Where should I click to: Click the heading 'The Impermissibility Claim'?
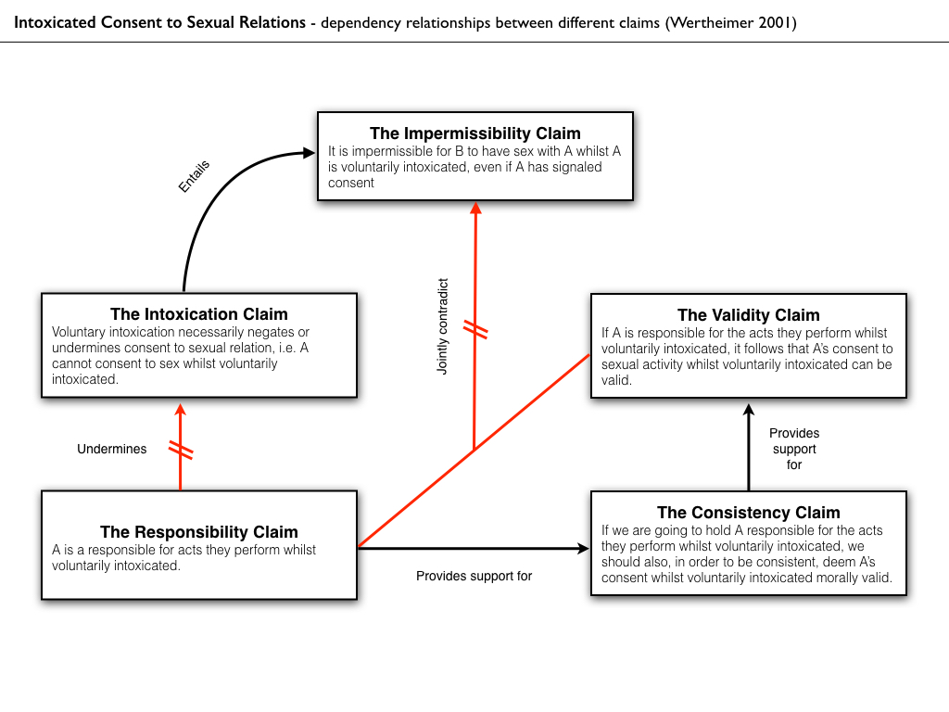[x=474, y=133]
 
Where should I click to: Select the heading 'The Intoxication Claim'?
[x=199, y=314]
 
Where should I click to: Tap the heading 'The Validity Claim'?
[x=748, y=315]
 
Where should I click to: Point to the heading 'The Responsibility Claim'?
[x=199, y=532]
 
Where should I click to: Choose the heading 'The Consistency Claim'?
[x=748, y=513]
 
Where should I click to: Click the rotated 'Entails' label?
[x=195, y=176]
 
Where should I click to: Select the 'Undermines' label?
[x=112, y=449]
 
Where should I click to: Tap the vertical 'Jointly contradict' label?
[x=443, y=326]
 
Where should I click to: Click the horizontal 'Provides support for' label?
[x=474, y=576]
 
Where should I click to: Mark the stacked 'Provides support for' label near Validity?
[x=794, y=449]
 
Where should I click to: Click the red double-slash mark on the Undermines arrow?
[x=181, y=451]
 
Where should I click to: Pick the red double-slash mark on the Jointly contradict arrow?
[x=475, y=329]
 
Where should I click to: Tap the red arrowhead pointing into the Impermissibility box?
[x=475, y=209]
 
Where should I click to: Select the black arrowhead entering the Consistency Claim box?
[x=583, y=548]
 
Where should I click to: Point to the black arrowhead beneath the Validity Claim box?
[x=749, y=409]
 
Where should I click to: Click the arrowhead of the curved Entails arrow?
[x=309, y=153]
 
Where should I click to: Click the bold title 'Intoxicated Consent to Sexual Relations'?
[x=159, y=22]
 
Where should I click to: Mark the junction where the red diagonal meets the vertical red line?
[x=475, y=451]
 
